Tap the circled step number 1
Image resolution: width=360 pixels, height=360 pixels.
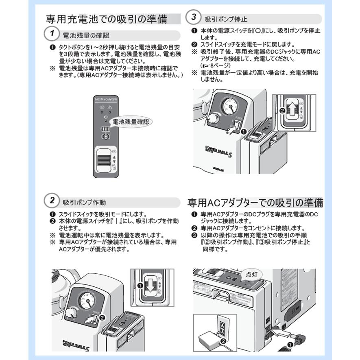pyautogui.click(x=51, y=35)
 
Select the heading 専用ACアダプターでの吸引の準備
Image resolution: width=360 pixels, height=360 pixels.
pyautogui.click(x=255, y=202)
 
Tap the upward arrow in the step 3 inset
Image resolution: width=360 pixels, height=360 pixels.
pyautogui.click(x=292, y=110)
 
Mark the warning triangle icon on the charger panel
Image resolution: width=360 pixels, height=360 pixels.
pyautogui.click(x=109, y=108)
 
